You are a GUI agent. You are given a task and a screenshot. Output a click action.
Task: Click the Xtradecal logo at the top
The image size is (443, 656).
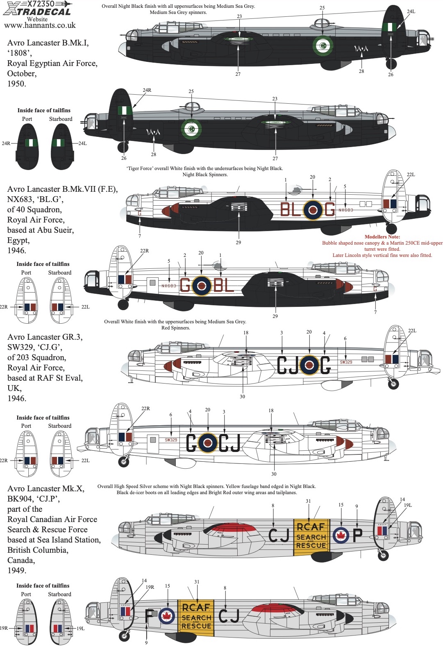coord(38,12)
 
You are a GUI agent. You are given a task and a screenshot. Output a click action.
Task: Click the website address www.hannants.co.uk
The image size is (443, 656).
coord(40,25)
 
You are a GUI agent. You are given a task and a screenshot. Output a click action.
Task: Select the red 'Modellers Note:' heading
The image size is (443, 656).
coord(382,237)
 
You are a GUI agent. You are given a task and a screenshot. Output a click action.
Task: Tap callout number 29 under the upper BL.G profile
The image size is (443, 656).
coord(239,242)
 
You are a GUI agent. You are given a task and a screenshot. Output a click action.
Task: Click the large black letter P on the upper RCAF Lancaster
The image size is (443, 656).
coord(357,535)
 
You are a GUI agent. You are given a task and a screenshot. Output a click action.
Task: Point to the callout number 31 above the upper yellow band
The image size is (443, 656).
coord(308,501)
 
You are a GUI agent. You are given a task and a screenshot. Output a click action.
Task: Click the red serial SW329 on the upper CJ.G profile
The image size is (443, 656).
coord(346,362)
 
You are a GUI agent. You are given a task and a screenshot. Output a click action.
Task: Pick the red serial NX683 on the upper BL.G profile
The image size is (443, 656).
coord(346,210)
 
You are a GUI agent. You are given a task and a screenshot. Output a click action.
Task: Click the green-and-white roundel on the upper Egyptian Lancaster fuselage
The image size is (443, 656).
coord(323,45)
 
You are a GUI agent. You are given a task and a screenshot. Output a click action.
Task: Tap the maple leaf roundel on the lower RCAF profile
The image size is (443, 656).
coord(167,615)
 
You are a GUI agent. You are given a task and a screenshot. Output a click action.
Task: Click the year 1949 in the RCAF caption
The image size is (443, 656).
coord(17,570)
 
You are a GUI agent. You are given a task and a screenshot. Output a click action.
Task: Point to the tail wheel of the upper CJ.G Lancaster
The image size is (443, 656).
coord(393,384)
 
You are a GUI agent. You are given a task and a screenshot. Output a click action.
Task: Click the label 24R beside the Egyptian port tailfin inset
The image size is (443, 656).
coord(6,143)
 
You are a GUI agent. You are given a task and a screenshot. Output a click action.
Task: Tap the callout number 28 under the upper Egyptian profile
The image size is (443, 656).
coord(361,71)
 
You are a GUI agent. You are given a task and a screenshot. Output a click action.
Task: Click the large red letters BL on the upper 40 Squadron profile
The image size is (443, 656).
coord(291,209)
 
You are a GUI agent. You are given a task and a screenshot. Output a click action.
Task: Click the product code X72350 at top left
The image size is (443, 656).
coord(41,4)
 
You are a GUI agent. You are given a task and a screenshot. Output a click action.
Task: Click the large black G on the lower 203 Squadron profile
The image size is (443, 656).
coord(192,443)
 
